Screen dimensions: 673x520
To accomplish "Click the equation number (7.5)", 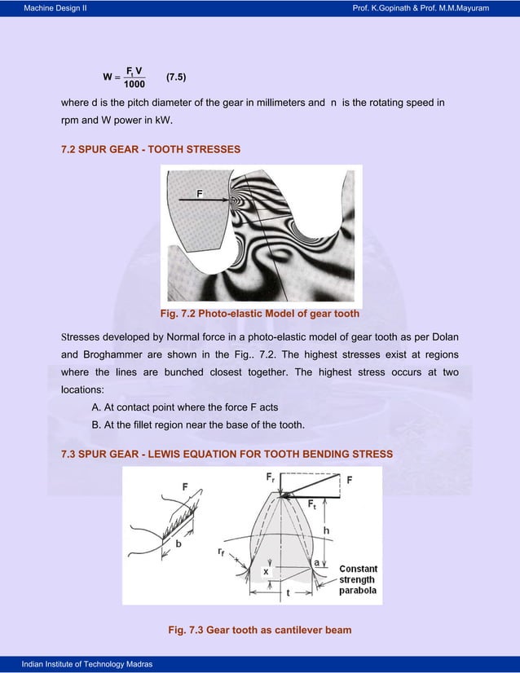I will [178, 77].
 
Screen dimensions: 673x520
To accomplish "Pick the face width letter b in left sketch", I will [178, 543].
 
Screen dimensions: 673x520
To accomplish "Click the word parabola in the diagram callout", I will [358, 591].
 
